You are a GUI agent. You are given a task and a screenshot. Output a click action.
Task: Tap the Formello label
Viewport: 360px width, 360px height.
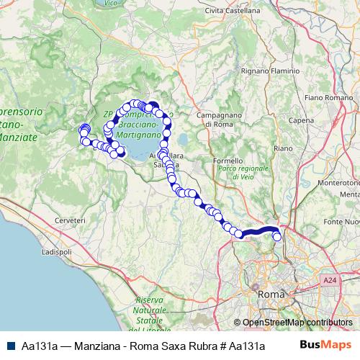click(x=228, y=160)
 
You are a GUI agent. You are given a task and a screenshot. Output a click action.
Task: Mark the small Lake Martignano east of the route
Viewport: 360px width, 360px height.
click(x=185, y=139)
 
